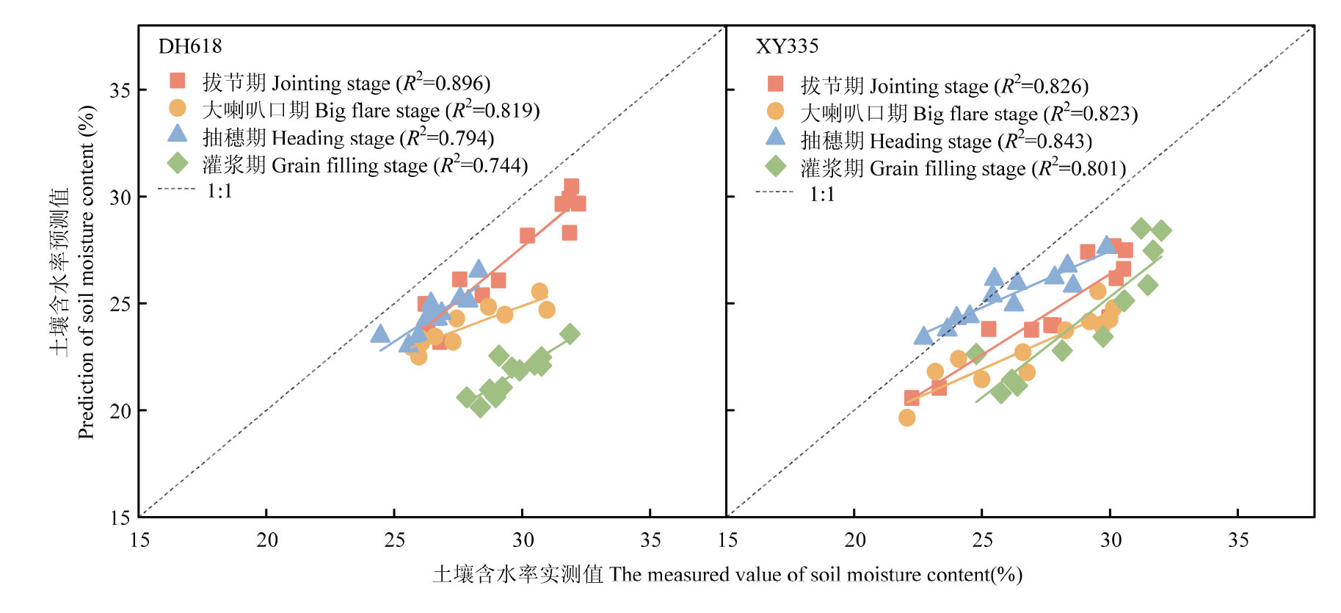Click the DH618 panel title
pyautogui.click(x=189, y=46)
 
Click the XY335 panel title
pyautogui.click(x=787, y=46)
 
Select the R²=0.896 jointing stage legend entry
pyautogui.click(x=346, y=83)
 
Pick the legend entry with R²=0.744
pyautogui.click(x=365, y=165)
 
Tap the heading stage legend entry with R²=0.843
pyautogui.click(x=945, y=140)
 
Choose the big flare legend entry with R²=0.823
pyautogui.click(x=968, y=113)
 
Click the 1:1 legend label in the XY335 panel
pyautogui.click(x=821, y=194)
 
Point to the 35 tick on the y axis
pyautogui.click(x=120, y=90)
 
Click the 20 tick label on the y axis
pyautogui.click(x=120, y=411)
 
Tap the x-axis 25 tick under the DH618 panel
pyautogui.click(x=395, y=540)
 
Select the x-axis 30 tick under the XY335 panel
pyautogui.click(x=1111, y=540)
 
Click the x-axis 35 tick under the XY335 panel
pyautogui.click(x=1238, y=540)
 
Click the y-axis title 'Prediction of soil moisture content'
pyautogui.click(x=87, y=272)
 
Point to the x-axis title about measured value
pyautogui.click(x=727, y=574)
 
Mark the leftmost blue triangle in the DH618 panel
pyautogui.click(x=379, y=334)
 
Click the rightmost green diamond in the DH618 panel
pyautogui.click(x=570, y=334)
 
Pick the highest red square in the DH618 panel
pyautogui.click(x=571, y=186)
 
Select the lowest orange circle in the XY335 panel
pyautogui.click(x=907, y=418)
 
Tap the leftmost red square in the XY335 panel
pyautogui.click(x=912, y=398)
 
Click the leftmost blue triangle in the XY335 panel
pyautogui.click(x=923, y=335)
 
